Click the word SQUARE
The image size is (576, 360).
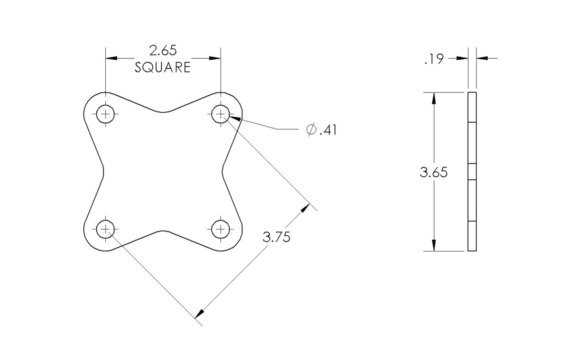tap(163, 67)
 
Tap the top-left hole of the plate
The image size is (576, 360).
tap(105, 114)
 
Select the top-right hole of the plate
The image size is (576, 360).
tap(220, 114)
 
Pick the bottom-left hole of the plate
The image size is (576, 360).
tap(105, 230)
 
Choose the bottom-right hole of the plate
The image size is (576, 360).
tap(220, 230)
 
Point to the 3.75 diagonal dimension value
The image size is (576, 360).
tap(277, 237)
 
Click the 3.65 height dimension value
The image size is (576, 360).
tap(434, 173)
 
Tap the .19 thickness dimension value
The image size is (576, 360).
tap(434, 59)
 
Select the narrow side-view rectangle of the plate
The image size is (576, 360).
tap(472, 171)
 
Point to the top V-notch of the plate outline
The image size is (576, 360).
tap(163, 112)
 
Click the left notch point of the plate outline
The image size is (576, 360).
tap(103, 171)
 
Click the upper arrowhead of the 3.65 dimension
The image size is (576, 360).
tap(434, 97)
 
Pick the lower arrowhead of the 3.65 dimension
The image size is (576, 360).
tap(434, 245)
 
